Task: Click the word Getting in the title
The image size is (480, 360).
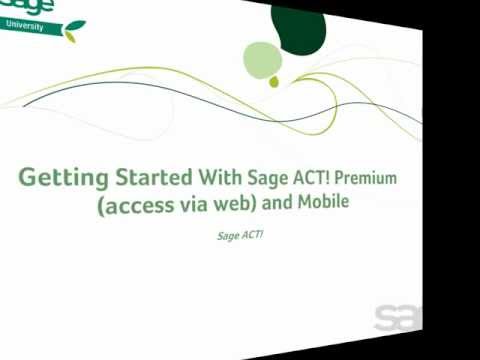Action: click(63, 178)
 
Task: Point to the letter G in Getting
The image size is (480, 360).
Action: click(30, 177)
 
